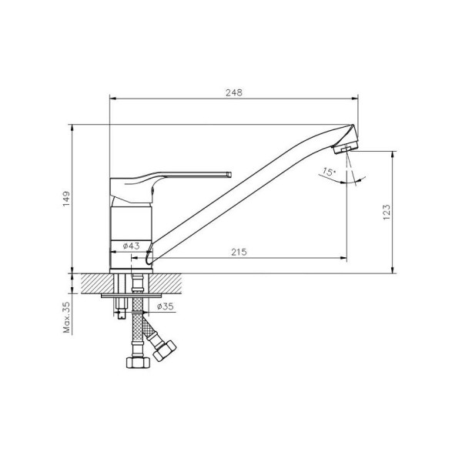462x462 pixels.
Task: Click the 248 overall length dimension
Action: coord(234,92)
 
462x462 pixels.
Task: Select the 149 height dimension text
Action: coord(67,199)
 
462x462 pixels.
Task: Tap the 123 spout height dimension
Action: coord(387,213)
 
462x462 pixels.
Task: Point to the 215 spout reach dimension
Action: coord(239,253)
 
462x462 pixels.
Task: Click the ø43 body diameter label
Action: coord(132,246)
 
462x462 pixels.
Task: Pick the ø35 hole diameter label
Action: coord(166,306)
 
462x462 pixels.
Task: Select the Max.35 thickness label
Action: coord(67,317)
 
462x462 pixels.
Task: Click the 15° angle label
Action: coord(328,172)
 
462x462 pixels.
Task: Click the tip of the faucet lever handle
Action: coord(229,175)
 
